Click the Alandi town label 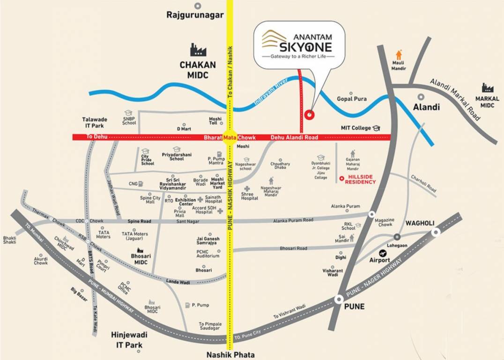point(426,107)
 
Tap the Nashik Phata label point(230,355)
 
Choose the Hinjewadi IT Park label point(127,340)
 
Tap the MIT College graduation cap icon point(377,128)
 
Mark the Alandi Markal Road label point(456,99)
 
